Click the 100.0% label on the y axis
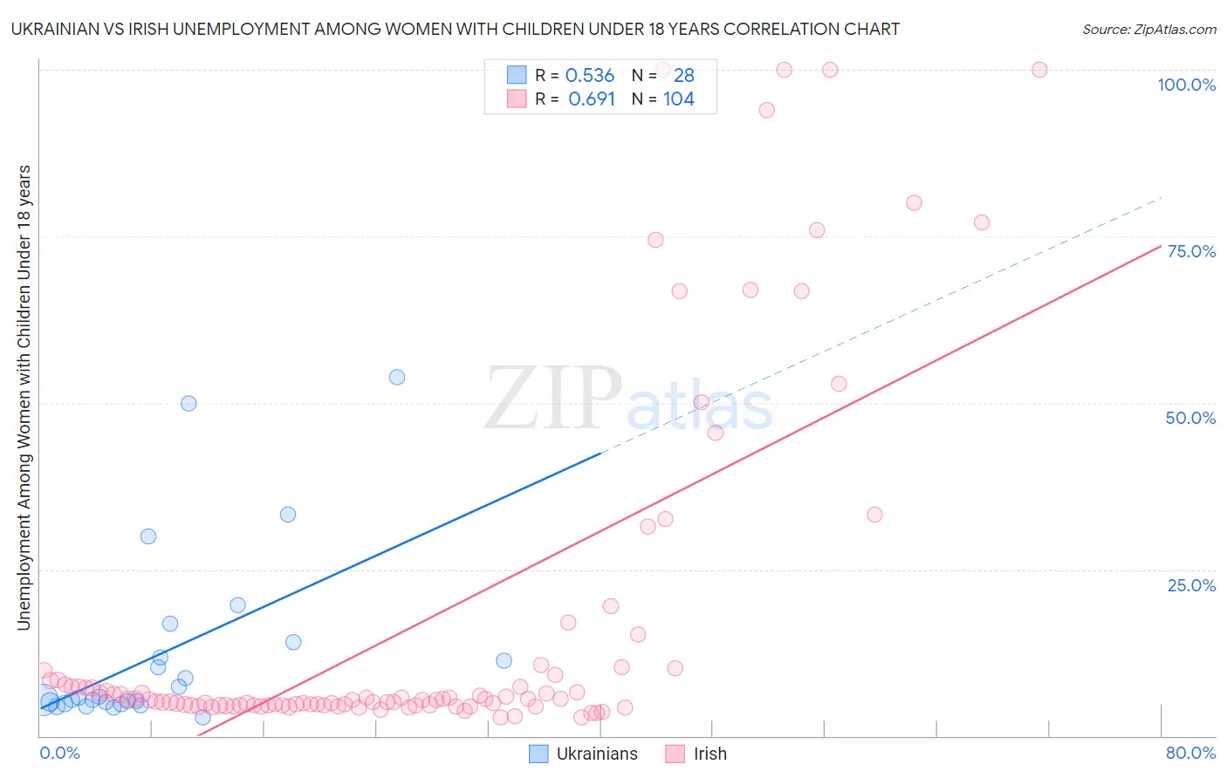(1186, 85)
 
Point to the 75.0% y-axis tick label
(1191, 251)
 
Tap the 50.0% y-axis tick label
(1190, 418)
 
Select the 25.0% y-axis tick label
(1191, 585)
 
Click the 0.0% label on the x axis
(59, 753)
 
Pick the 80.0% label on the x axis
(1190, 753)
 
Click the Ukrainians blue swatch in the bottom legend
(539, 754)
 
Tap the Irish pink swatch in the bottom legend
(675, 754)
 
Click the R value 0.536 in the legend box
(590, 75)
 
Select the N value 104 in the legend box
(679, 99)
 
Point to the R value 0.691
(592, 99)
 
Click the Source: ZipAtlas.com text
(1148, 29)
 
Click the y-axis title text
(24, 397)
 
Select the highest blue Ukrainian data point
(397, 378)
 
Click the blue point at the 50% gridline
(189, 403)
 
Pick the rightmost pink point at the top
(1039, 70)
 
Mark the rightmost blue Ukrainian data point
(504, 660)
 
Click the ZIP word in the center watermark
(552, 399)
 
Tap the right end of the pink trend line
(1161, 246)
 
